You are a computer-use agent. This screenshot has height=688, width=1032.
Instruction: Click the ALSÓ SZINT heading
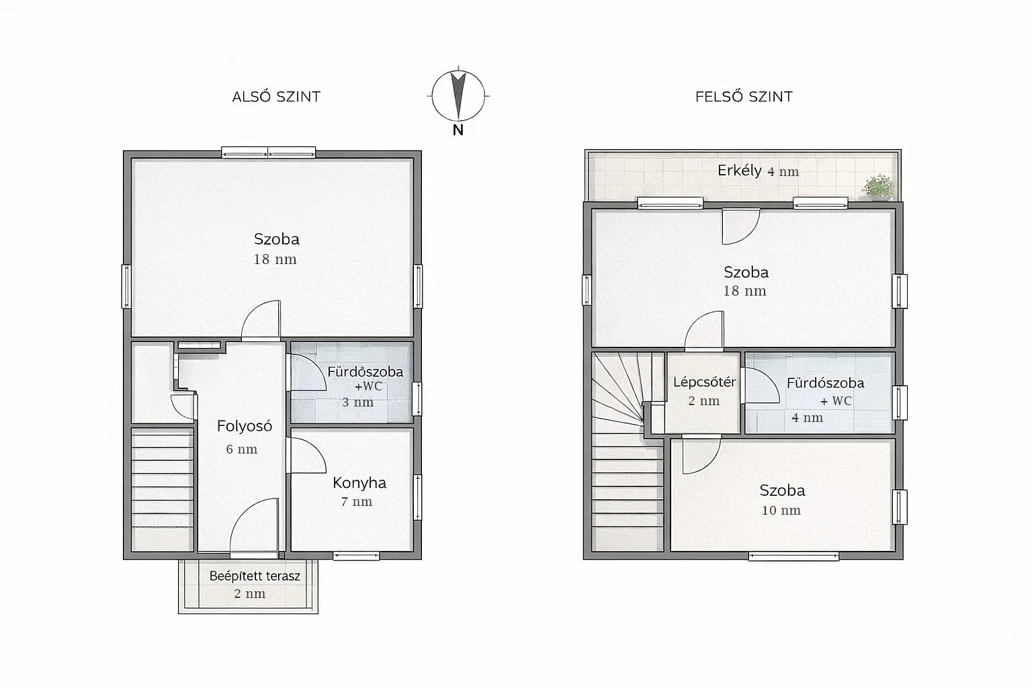(276, 96)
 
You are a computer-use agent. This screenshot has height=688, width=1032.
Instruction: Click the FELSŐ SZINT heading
(744, 96)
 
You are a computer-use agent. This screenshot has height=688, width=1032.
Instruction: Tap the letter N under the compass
(458, 130)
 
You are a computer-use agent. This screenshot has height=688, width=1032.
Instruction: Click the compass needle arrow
(458, 95)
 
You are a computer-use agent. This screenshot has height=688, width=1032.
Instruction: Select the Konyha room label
(359, 482)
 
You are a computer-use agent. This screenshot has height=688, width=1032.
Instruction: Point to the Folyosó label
(244, 426)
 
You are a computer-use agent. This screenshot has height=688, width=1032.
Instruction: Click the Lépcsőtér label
(704, 382)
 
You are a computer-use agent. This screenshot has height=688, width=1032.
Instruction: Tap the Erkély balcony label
(740, 171)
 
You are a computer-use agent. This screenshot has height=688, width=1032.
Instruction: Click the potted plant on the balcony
(877, 187)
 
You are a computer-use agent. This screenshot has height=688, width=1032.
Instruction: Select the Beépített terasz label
(255, 576)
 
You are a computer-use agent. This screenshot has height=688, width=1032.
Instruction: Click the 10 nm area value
(781, 510)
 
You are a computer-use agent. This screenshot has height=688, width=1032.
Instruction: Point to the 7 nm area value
(357, 501)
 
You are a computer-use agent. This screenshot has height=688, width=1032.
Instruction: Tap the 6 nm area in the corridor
(241, 449)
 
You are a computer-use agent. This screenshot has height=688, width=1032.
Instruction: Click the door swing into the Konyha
(307, 456)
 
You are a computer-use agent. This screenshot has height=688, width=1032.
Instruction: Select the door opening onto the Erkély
(741, 226)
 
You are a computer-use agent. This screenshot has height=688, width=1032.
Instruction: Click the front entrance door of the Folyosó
(255, 525)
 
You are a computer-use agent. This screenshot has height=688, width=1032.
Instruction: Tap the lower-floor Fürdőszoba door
(306, 372)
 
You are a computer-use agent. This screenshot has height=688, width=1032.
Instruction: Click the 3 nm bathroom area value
(357, 402)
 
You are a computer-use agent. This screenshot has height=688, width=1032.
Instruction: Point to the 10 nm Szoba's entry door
(701, 456)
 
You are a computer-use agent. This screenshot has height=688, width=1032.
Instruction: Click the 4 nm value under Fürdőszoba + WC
(807, 418)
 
